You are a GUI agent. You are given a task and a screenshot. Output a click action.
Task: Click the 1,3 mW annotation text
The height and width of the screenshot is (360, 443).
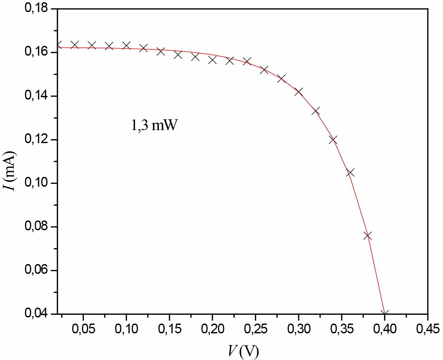154,125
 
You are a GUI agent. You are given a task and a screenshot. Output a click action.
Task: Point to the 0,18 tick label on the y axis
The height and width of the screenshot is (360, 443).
36,8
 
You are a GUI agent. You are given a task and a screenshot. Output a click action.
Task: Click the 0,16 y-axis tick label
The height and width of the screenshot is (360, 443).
36,52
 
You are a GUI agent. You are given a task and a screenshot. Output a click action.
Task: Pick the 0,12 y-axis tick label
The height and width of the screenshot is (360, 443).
36,139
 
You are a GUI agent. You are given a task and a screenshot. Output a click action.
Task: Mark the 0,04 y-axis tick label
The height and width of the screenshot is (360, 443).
36,313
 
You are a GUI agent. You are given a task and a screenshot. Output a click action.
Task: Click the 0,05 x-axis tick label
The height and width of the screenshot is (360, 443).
83,329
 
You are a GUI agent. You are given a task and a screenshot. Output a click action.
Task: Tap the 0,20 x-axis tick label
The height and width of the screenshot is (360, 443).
213,329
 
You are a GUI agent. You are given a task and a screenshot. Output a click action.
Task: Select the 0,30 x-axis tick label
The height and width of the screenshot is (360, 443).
298,329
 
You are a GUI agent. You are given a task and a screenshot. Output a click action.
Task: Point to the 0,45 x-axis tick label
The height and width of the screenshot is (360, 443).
428,329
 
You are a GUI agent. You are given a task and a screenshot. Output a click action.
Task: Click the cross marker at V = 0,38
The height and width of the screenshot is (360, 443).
367,236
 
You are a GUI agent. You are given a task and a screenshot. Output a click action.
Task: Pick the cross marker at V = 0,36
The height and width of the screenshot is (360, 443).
350,172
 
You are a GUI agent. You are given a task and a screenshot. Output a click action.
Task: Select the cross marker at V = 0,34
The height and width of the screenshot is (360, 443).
333,140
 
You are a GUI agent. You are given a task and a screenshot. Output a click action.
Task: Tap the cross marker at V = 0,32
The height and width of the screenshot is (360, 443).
316,111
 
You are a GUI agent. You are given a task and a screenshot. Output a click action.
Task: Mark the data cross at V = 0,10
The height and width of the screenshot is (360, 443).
126,46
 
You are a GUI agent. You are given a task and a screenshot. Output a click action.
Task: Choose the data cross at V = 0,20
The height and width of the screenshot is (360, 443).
213,60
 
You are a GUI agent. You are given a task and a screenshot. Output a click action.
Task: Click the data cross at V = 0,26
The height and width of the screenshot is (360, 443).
264,70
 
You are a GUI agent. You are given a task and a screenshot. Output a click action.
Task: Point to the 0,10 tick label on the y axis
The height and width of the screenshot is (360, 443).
36,183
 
